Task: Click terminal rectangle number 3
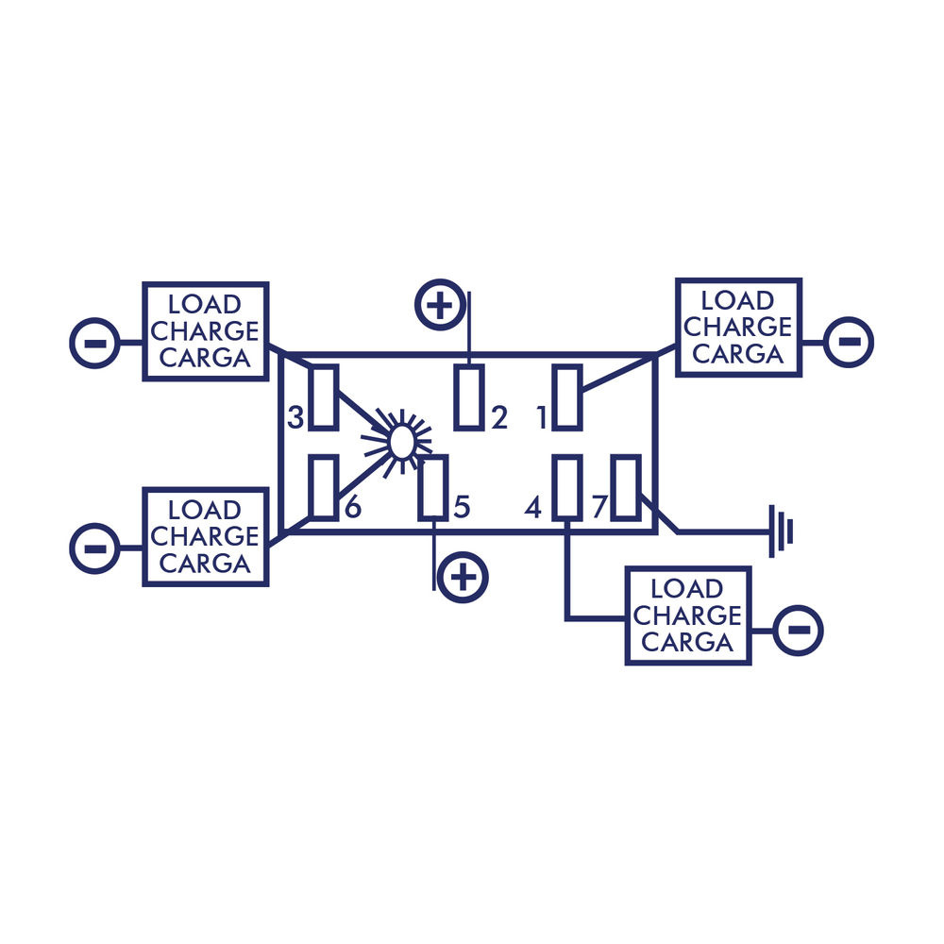click(x=323, y=397)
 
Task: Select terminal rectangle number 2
click(x=469, y=397)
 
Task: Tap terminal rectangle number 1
click(x=567, y=397)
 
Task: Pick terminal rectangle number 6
click(x=323, y=488)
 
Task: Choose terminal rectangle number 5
click(x=433, y=488)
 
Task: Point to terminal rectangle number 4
click(x=567, y=488)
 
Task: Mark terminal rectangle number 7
click(x=626, y=488)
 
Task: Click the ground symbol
click(x=781, y=531)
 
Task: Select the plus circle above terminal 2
click(x=440, y=305)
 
